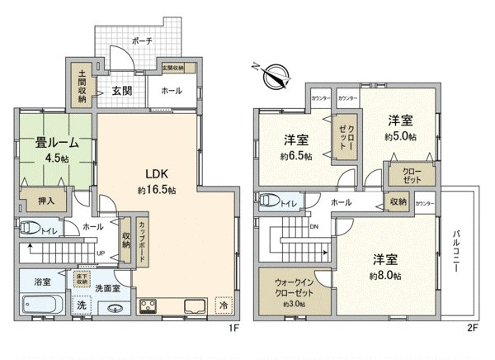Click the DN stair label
click(x=314, y=227)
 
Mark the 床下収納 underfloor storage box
click(x=82, y=280)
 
